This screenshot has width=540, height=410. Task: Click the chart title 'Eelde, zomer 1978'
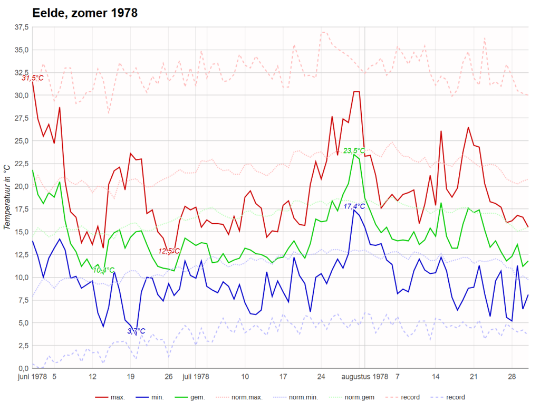click(x=85, y=13)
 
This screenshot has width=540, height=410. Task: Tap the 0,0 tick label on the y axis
click(x=22, y=368)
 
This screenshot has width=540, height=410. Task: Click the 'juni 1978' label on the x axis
click(x=32, y=377)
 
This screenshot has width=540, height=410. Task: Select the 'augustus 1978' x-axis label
click(x=365, y=377)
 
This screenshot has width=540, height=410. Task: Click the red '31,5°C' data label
click(x=32, y=78)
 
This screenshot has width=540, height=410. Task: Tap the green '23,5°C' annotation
click(x=354, y=151)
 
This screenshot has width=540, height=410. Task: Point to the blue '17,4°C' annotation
click(x=354, y=206)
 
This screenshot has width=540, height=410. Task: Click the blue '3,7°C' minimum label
click(x=136, y=331)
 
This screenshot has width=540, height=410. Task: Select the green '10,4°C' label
click(x=103, y=270)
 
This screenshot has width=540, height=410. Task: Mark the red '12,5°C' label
click(x=170, y=251)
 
